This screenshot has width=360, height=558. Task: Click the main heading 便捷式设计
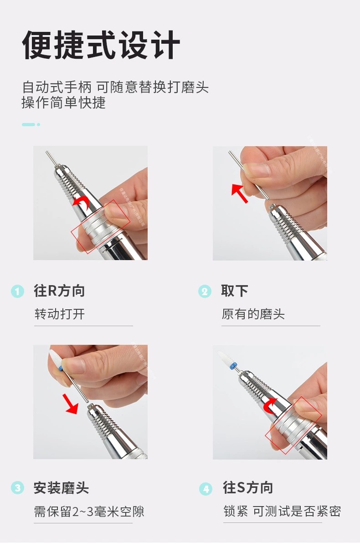coord(101,45)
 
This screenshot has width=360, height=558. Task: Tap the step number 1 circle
coord(17,291)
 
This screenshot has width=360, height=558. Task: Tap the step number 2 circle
coord(205,291)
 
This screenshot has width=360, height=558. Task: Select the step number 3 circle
coord(17,488)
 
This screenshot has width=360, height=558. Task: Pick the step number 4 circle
coord(206,489)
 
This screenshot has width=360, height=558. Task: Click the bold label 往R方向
coord(59,291)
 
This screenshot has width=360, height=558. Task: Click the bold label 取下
coord(234,291)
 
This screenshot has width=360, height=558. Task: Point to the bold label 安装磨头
coord(61,488)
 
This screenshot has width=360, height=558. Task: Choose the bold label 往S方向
coord(248,488)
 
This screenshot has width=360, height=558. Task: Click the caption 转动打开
coord(60,314)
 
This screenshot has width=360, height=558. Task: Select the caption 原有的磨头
coord(253,314)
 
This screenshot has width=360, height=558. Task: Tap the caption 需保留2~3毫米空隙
coord(89,512)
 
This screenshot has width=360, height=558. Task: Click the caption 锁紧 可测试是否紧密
coord(282,512)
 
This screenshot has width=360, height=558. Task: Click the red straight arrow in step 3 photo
coord(72,403)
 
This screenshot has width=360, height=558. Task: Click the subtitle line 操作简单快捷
coord(63,103)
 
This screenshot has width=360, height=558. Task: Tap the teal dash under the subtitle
coord(28,124)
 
